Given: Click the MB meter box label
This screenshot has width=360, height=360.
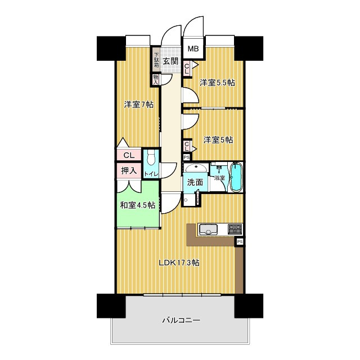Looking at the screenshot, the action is coord(193,49).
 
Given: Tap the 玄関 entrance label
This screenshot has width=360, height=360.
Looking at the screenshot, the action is coord(170,61).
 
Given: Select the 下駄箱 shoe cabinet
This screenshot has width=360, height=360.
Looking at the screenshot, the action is coord(156,60).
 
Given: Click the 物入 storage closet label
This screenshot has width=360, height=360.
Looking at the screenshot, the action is coord(156,79).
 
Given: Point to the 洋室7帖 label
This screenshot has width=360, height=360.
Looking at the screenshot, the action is coord(139,105).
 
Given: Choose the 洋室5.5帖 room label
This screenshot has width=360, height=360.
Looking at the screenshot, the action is coord(217,83).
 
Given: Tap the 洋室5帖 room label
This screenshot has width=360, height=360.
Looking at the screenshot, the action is coord(218,140).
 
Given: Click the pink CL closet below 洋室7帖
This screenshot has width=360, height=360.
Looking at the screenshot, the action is coord(129,155).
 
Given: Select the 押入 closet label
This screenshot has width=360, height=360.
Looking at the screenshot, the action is coord(129,170).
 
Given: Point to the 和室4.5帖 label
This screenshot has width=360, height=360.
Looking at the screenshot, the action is coord(138,205).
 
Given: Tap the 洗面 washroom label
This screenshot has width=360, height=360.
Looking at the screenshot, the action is coord(195,182).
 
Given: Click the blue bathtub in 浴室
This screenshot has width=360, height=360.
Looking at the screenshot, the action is coord(236,177).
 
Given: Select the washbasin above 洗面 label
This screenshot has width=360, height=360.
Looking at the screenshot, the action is coord(196,168).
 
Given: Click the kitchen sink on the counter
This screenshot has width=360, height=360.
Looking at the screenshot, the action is coord(209,229).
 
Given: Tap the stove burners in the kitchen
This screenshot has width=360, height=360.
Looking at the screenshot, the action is coord(235,229).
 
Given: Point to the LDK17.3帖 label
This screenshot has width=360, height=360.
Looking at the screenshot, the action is coord(179,263).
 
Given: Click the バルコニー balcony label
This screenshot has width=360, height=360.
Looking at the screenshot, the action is coord(181,320).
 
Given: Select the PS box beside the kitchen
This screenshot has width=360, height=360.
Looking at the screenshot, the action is coord(240,242).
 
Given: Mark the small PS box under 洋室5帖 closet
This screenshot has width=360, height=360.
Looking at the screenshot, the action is coord(187,157).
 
